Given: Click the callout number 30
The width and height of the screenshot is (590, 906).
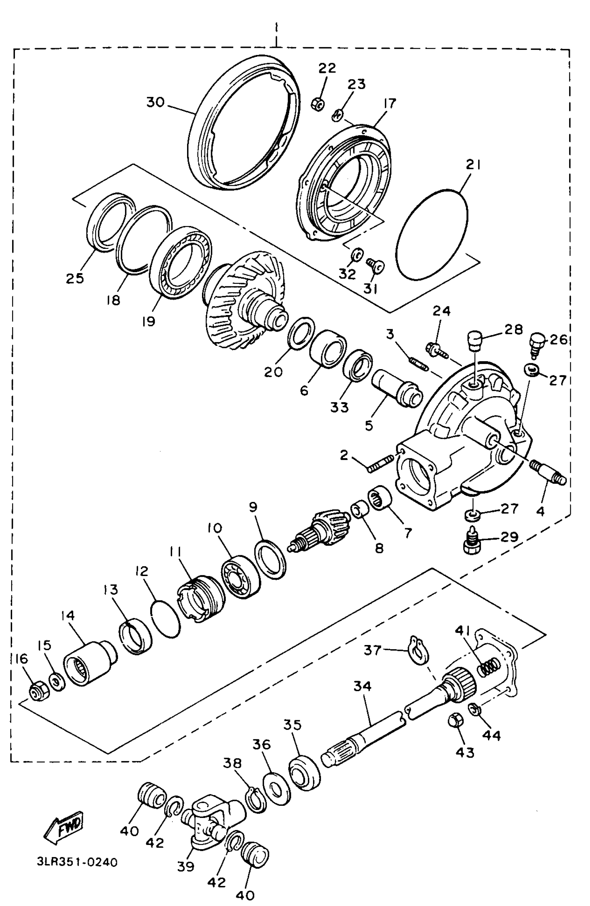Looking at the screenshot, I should click(155, 102).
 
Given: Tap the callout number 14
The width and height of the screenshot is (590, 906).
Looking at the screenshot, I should click(68, 616).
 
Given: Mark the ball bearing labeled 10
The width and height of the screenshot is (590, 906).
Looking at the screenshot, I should click(241, 576).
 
